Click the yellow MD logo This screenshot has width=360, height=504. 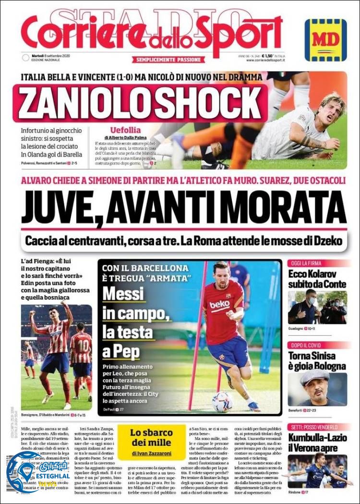tap(326, 40)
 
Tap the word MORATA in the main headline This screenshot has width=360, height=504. tap(287, 207)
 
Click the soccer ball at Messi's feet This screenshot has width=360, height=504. tap(222, 402)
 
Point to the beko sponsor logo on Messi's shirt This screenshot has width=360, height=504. tap(219, 305)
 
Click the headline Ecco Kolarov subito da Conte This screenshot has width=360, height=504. tap(317, 280)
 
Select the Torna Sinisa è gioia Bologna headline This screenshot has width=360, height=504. tap(317, 361)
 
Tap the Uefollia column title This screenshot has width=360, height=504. tap(125, 130)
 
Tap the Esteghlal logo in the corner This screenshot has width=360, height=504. tap(24, 473)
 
